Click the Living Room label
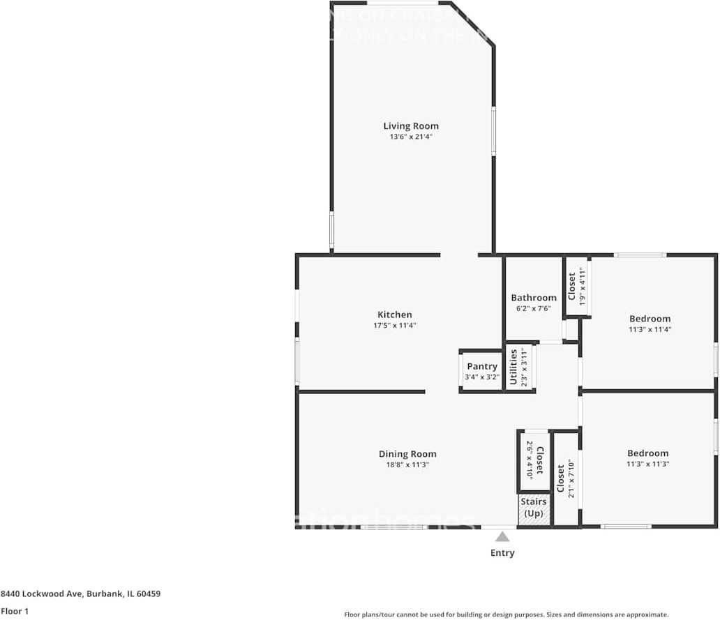[x=411, y=126]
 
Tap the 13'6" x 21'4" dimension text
[x=411, y=137]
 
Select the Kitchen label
[x=395, y=315]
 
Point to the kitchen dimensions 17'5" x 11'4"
[x=395, y=325]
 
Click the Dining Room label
[x=407, y=454]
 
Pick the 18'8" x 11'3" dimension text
[x=407, y=464]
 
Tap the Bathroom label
[x=534, y=298]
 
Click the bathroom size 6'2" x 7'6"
[x=534, y=308]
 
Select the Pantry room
[x=482, y=371]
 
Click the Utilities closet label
[x=514, y=368]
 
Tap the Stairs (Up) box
[x=534, y=508]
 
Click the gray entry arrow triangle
[x=502, y=536]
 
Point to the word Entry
[x=502, y=553]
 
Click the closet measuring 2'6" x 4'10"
[x=534, y=460]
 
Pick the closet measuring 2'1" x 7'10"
[x=565, y=478]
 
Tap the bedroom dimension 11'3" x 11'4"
[x=649, y=329]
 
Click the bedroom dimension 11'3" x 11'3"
[x=648, y=464]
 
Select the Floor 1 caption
[x=15, y=611]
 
